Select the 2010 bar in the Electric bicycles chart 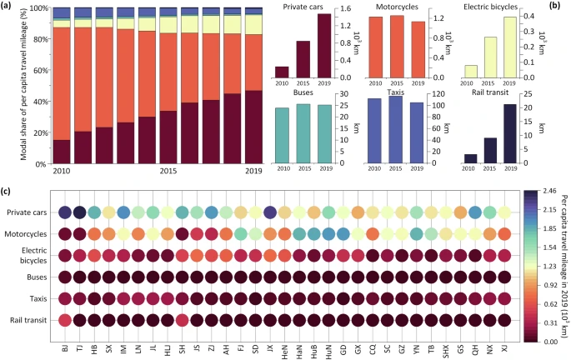click(x=469, y=71)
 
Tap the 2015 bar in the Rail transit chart click(x=489, y=150)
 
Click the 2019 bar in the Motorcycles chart click(x=417, y=49)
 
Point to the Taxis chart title click(x=396, y=92)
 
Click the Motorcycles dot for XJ click(x=504, y=234)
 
